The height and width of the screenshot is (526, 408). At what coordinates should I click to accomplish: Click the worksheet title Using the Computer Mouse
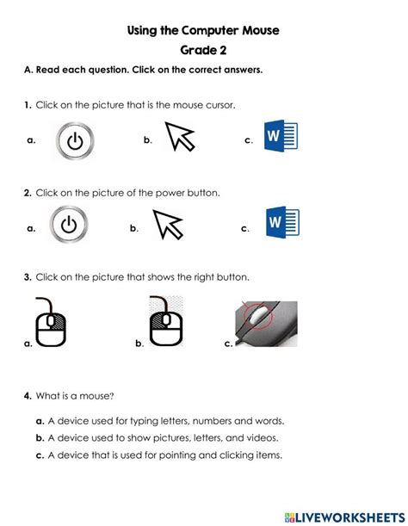[x=203, y=30]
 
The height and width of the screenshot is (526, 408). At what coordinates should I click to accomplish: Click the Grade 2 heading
[x=203, y=51]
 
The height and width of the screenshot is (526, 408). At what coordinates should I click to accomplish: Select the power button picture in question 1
[x=76, y=140]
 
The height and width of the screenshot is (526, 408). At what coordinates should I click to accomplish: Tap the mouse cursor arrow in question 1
[x=180, y=138]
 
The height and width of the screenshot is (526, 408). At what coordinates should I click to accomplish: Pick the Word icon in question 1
[x=281, y=139]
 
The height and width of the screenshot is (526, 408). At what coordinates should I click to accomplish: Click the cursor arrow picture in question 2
[x=168, y=226]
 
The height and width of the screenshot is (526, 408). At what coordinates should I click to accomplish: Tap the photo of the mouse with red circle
[x=265, y=325]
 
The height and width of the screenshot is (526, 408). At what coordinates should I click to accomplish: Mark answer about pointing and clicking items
[x=164, y=455]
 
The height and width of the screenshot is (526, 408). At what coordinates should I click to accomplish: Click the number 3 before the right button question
[x=28, y=277]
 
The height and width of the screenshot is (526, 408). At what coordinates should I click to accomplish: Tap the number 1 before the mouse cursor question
[x=28, y=105]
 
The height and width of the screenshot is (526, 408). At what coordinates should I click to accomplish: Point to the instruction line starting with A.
[x=142, y=71]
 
